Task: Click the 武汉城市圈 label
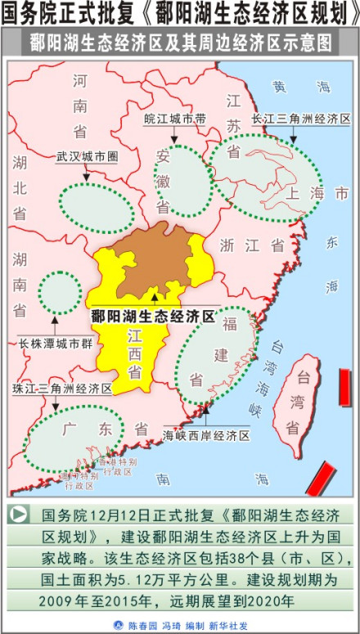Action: [x=87, y=155]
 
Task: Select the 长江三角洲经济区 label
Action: [x=301, y=119]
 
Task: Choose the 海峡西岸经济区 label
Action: [x=206, y=435]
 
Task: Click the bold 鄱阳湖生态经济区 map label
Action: [x=152, y=316]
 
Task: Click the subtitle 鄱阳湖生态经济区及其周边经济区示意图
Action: [x=180, y=41]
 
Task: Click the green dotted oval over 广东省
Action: [x=74, y=438]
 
